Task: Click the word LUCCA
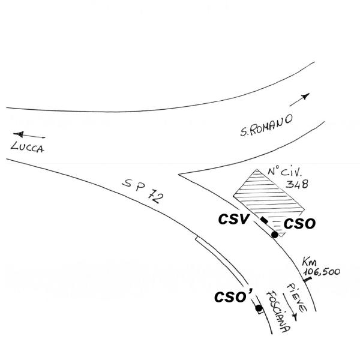click(x=28, y=147)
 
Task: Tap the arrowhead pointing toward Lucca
click(x=19, y=134)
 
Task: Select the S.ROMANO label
click(x=266, y=125)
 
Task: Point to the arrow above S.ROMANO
click(x=299, y=100)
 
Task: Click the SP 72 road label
click(x=144, y=191)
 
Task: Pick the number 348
click(x=297, y=184)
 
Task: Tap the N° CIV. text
click(x=284, y=172)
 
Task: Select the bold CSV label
click(x=234, y=219)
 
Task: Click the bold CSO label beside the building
click(x=299, y=224)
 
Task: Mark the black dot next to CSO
click(x=275, y=235)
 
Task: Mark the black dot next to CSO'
click(x=259, y=308)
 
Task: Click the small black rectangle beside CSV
click(x=264, y=220)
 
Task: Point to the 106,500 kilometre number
click(x=322, y=272)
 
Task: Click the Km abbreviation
click(x=310, y=262)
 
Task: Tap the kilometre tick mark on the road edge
click(x=307, y=280)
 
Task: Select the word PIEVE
click(x=296, y=298)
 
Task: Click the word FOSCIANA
click(x=278, y=311)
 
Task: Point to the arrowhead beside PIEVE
click(x=295, y=318)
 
